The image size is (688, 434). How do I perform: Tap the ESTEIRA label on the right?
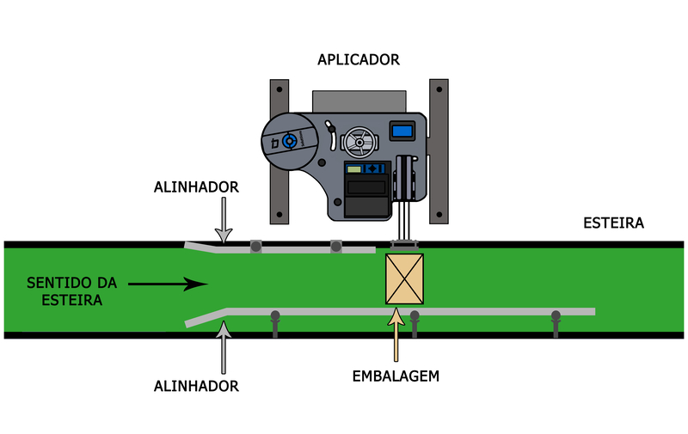point(613,223)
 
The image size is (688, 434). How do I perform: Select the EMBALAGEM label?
point(396,376)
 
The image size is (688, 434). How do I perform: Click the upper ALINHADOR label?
point(196,186)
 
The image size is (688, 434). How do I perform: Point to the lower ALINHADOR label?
point(196,386)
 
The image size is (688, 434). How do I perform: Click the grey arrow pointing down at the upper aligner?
point(223,220)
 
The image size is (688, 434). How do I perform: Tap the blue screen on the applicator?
point(402,131)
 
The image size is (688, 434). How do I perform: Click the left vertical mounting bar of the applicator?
point(279,150)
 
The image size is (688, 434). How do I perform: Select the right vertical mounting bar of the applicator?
point(439,150)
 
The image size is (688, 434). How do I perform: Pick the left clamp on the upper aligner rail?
point(255,248)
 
